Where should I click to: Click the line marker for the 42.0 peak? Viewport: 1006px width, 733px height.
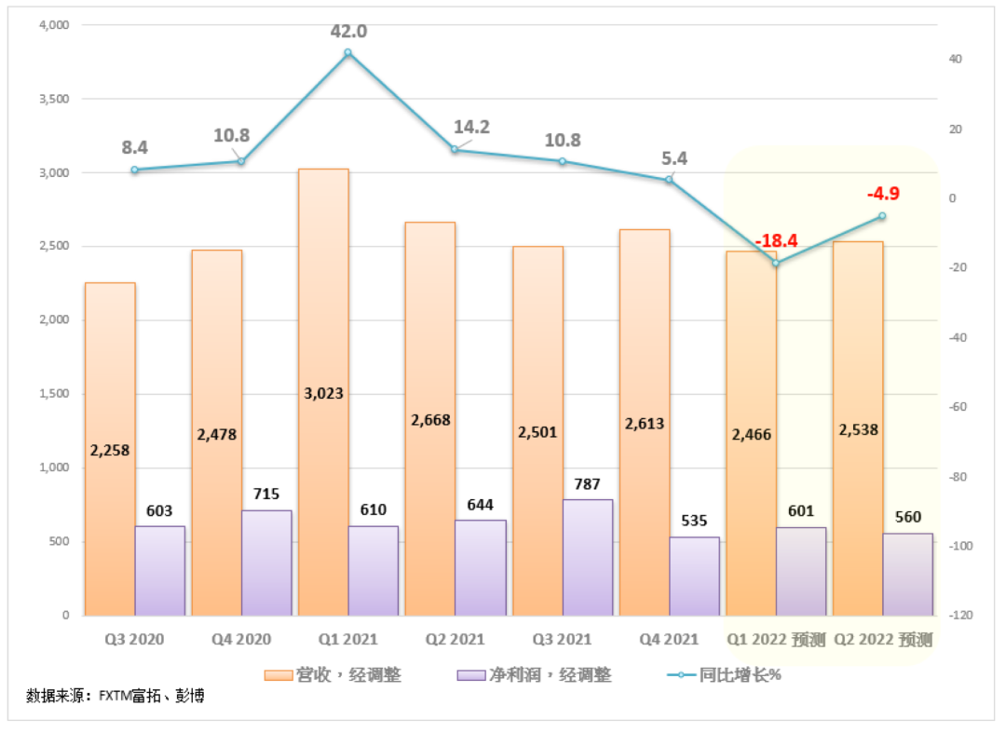click(348, 52)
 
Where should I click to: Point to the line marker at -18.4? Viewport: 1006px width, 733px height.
click(776, 263)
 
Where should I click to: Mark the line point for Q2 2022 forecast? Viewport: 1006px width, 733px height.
click(882, 216)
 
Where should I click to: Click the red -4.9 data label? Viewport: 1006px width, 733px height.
click(882, 194)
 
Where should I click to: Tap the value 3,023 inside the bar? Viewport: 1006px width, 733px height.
click(322, 393)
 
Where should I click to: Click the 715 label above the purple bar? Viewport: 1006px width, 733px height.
click(266, 494)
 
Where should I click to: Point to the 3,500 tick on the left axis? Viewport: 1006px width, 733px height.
click(53, 99)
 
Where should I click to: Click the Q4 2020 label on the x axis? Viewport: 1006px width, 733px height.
click(241, 640)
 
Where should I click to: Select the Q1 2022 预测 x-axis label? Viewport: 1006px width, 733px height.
click(776, 640)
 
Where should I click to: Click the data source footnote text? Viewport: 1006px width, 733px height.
click(116, 695)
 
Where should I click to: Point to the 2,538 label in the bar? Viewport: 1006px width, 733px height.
click(857, 430)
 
